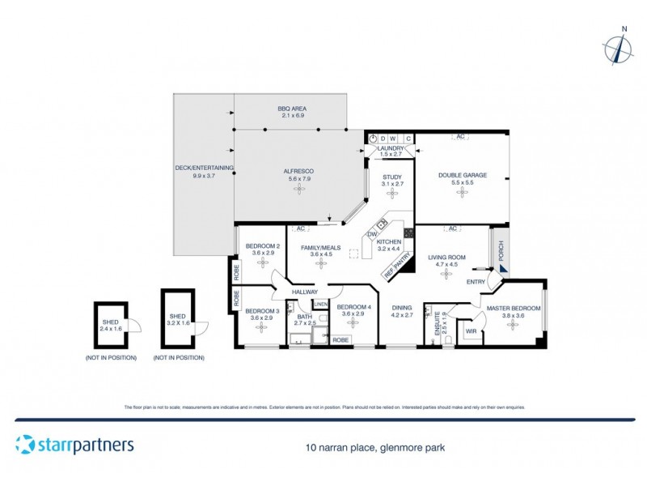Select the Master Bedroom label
pos(513,308)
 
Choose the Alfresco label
pos(298,171)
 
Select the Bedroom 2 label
pos(263,246)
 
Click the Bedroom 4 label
pos(353,307)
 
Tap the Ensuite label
pos(438,324)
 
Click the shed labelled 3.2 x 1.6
pos(178,318)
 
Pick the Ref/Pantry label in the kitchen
pos(398,268)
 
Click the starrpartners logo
pos(74,445)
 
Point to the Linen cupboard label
pos(320,305)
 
